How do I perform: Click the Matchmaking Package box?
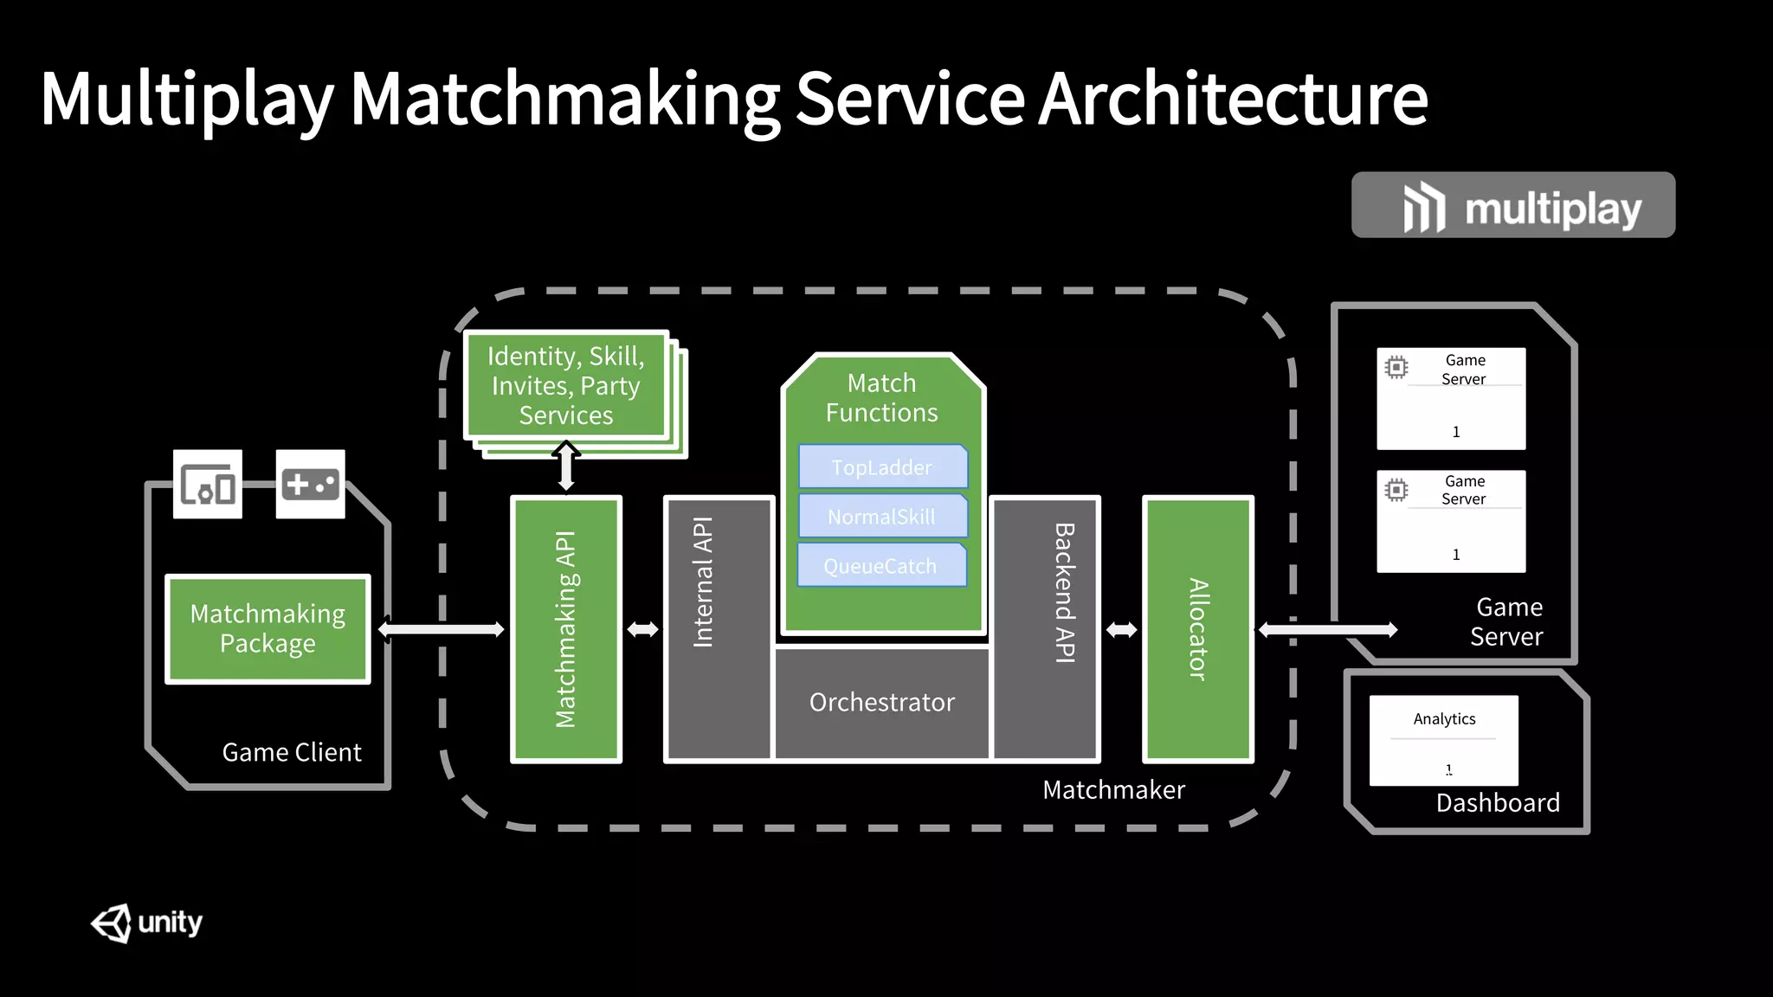(268, 629)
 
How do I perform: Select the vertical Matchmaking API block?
(566, 629)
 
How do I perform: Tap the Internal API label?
(703, 582)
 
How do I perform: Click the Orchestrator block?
(881, 702)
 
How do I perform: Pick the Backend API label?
(1064, 593)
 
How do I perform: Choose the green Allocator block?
(1198, 629)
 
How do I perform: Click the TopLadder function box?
(882, 467)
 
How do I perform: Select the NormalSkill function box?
(882, 517)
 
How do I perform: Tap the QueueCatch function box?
(880, 566)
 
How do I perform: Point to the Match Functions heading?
(881, 397)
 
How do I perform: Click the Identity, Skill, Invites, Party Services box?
(566, 385)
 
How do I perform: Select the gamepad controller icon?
(310, 484)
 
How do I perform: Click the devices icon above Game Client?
(208, 484)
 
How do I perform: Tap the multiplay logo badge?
(1512, 205)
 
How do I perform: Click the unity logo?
(146, 923)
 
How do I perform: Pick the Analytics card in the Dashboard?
(1443, 740)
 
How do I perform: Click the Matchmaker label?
(1113, 789)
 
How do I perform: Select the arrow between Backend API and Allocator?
(1121, 629)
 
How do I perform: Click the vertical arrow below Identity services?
(566, 466)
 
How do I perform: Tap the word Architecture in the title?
(1233, 99)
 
